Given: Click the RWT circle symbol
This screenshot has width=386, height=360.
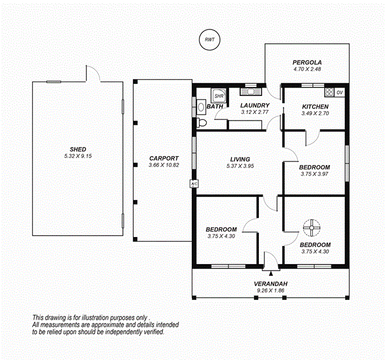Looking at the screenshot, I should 209,40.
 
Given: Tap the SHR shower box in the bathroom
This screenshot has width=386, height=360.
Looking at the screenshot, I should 219,95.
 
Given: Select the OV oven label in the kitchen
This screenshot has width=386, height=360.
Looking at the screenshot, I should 340,92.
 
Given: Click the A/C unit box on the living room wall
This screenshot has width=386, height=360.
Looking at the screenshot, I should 194,184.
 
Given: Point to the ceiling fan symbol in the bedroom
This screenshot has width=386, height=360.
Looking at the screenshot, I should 312,228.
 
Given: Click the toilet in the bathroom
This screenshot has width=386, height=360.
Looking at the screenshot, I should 201,123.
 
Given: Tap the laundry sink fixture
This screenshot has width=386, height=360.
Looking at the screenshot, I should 248,92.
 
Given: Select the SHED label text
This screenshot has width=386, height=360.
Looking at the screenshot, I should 77,149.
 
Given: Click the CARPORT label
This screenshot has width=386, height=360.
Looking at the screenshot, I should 164,158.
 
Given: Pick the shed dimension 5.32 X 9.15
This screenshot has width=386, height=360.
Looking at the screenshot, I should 77,156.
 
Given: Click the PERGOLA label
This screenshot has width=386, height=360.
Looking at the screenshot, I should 307,62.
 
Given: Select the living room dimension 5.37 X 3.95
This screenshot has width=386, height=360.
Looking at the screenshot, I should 239,166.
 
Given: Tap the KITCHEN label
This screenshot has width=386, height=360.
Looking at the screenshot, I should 315,107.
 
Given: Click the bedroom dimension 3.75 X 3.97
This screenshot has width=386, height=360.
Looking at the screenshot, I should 315,175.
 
